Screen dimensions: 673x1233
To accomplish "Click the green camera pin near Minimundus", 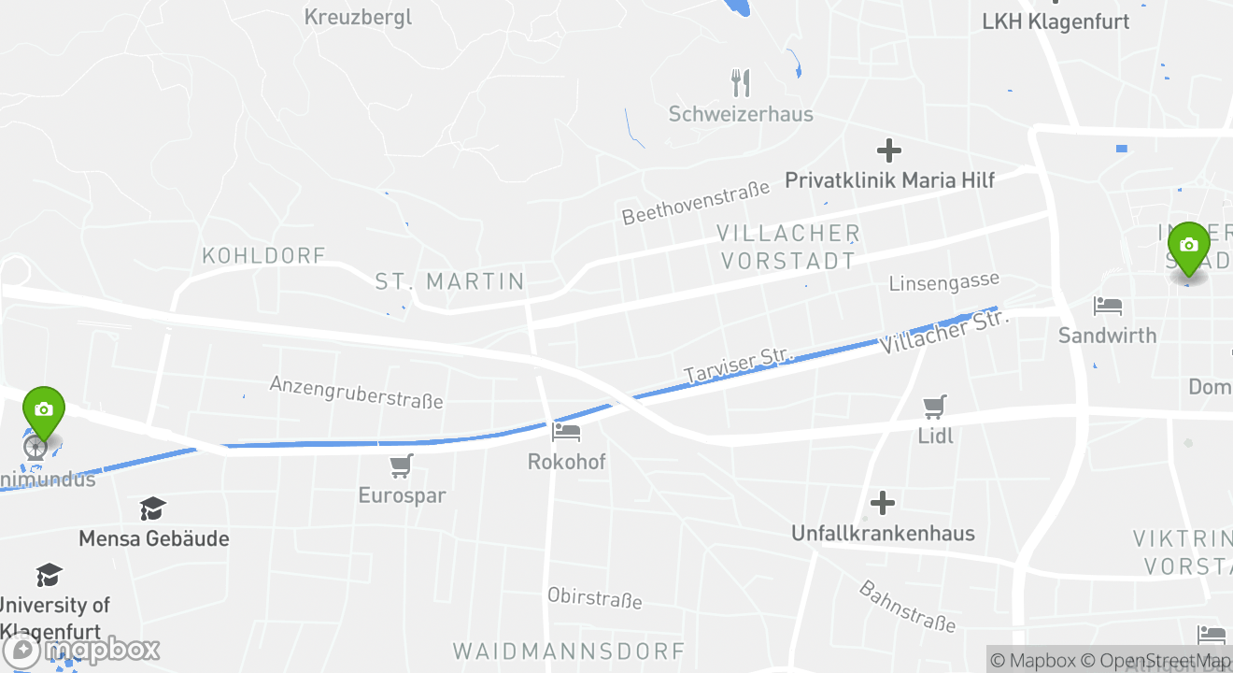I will click(x=43, y=409).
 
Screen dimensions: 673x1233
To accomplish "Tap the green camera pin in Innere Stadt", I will click(x=1188, y=245).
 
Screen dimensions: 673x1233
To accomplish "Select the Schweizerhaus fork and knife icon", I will click(x=741, y=83).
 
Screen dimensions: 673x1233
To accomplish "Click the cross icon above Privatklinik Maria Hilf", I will click(x=888, y=150).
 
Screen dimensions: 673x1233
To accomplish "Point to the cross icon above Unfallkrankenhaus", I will click(x=882, y=503).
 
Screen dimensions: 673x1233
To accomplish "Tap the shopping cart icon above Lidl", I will click(x=935, y=407).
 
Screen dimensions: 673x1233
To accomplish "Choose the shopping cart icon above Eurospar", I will click(x=402, y=465).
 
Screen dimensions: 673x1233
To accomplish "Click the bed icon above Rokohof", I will click(x=566, y=432).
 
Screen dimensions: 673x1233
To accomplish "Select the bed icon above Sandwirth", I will click(x=1108, y=306).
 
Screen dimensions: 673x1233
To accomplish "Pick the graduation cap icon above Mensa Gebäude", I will click(x=153, y=509).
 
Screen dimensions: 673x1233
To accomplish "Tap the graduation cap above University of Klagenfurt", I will click(x=49, y=575).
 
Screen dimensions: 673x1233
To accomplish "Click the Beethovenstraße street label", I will click(x=696, y=202).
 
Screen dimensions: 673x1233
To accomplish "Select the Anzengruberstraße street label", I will click(x=356, y=392).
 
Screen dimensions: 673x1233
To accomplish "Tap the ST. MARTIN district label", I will click(x=449, y=281).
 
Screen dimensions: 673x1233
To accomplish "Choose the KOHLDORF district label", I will click(x=263, y=255).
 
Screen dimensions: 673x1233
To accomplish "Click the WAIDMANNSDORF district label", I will click(x=569, y=651).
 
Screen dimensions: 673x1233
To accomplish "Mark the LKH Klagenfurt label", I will click(x=1056, y=21).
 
